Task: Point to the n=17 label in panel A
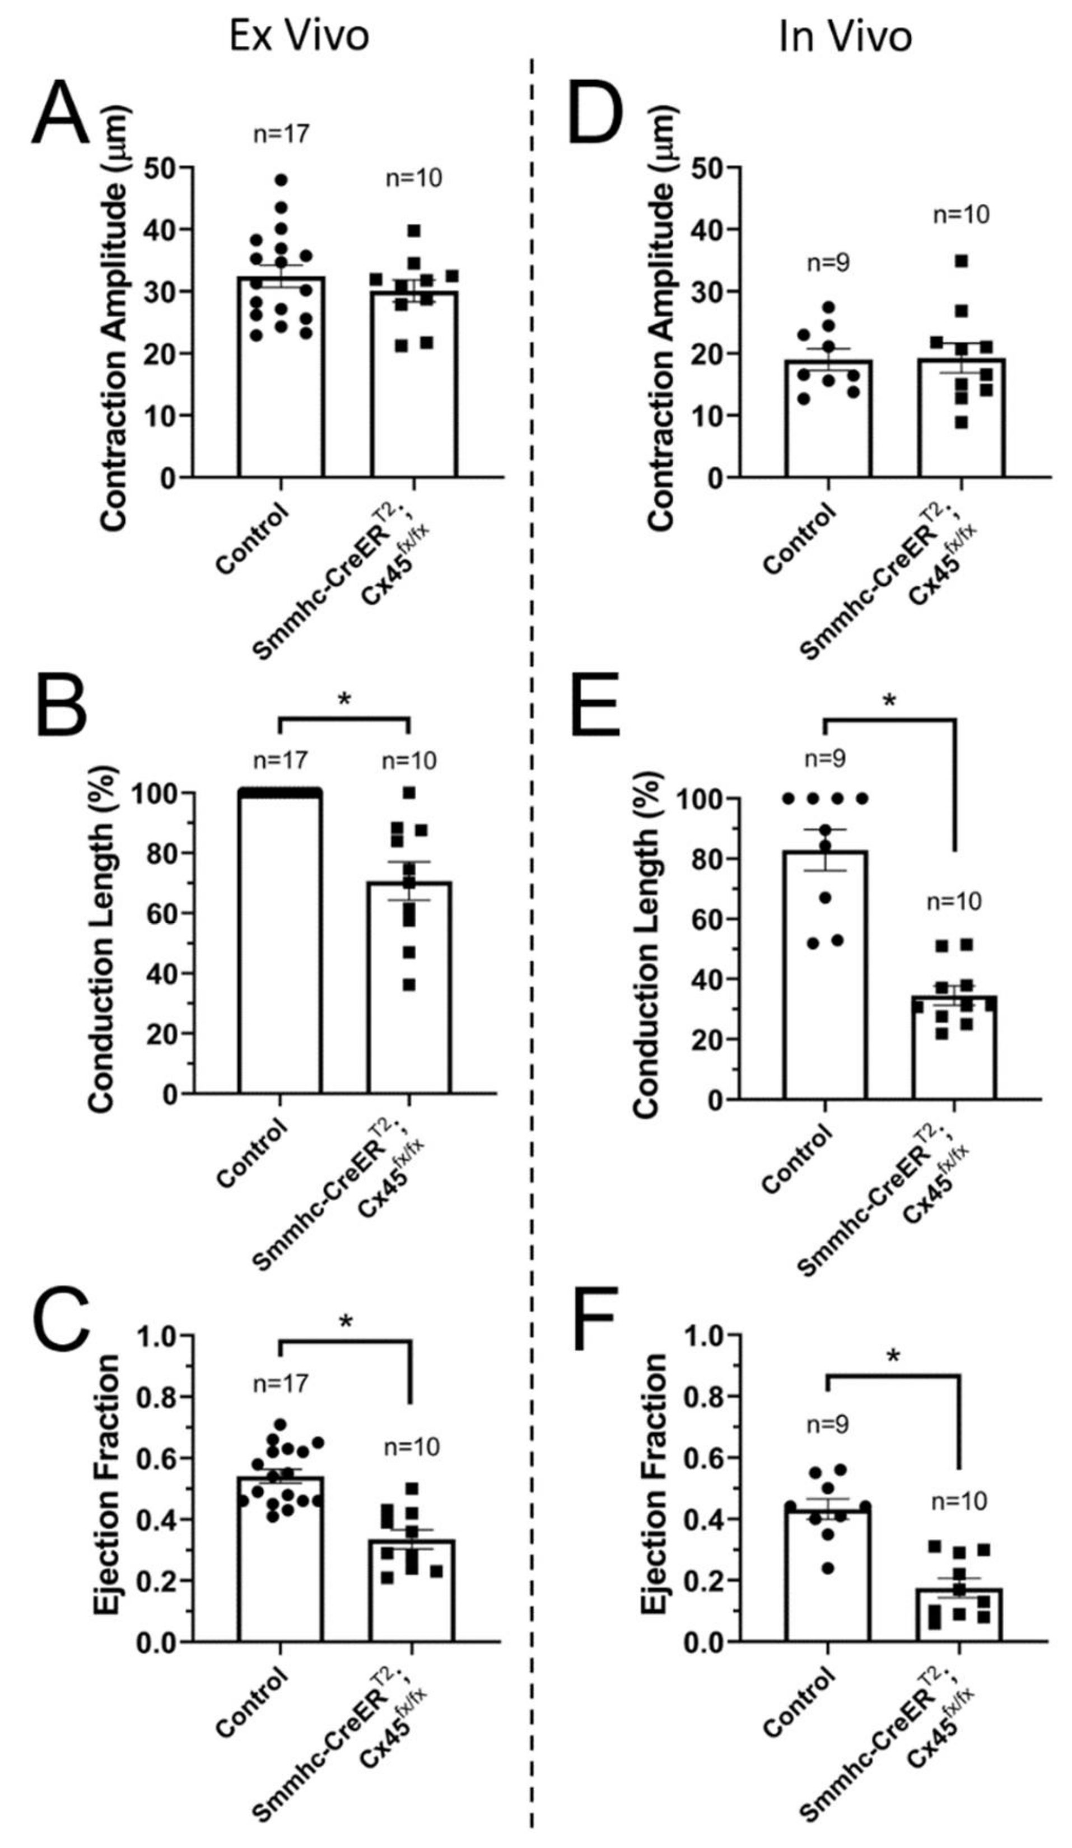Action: (281, 134)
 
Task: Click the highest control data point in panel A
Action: (281, 180)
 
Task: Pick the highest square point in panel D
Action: (961, 261)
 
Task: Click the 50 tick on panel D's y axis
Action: (707, 168)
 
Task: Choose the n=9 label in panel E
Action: (825, 758)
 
